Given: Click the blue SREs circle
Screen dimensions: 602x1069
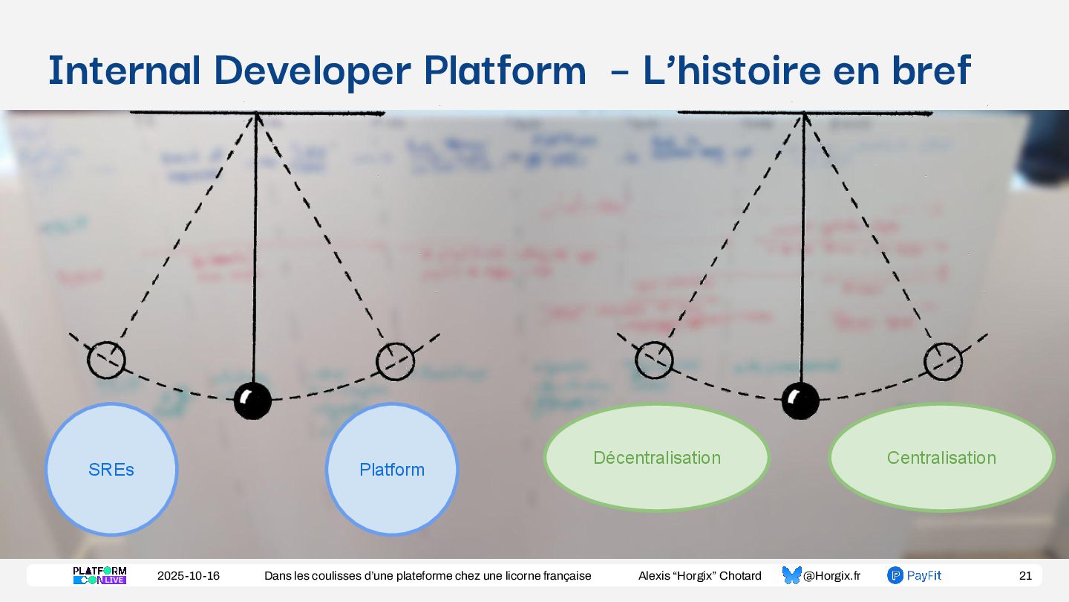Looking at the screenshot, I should [111, 469].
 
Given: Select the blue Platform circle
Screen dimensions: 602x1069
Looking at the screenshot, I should [392, 469].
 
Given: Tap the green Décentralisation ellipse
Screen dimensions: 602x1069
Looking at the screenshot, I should [657, 457].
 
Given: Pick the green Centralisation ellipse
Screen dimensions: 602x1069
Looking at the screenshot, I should [941, 457].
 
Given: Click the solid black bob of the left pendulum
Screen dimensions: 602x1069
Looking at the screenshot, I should [252, 401].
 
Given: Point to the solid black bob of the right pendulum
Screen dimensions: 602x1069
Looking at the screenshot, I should [800, 401].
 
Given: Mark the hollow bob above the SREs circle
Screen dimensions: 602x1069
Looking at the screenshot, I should [107, 360].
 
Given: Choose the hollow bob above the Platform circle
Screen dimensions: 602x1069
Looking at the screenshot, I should [395, 361].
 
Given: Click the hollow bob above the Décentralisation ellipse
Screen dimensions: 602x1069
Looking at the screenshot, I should [654, 360].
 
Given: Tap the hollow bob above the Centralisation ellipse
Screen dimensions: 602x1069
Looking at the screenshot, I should [943, 362].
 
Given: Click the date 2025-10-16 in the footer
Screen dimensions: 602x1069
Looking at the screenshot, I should [189, 576].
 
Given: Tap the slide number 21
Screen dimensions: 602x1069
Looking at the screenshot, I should [1025, 576].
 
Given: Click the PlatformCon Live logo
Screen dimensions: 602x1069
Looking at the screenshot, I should [99, 575].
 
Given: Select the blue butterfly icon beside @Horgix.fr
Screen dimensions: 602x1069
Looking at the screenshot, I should [791, 575].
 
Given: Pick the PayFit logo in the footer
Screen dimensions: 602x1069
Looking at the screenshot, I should [915, 575].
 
